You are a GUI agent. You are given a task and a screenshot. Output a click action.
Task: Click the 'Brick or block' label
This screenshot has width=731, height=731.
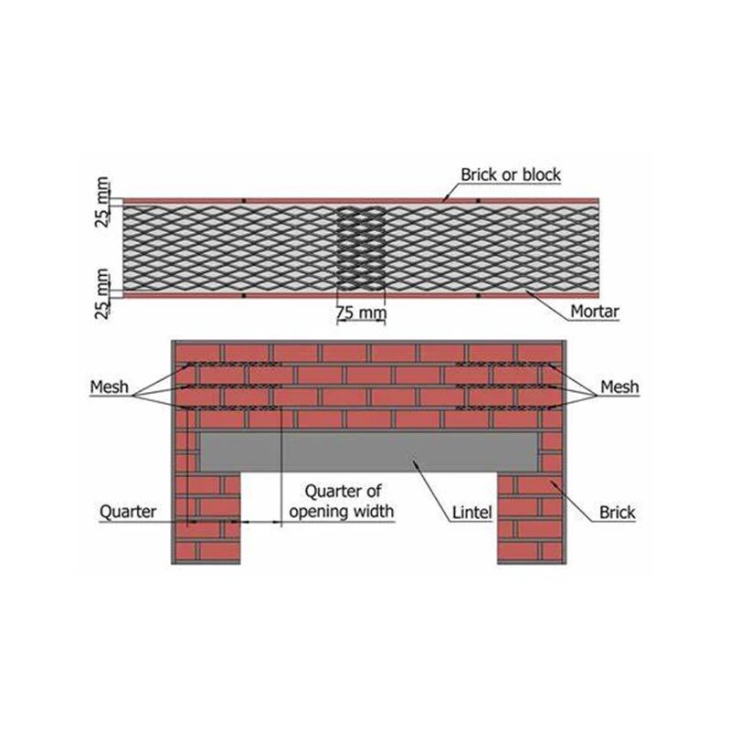click(x=511, y=174)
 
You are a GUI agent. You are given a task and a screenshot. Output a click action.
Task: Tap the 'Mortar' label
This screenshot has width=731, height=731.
click(x=596, y=312)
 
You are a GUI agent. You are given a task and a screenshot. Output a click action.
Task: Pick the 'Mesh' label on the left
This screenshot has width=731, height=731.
click(x=109, y=387)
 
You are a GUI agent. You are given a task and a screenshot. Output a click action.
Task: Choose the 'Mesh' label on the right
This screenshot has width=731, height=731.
click(x=620, y=387)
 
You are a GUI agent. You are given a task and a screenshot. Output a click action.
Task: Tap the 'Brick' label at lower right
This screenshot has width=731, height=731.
click(x=617, y=514)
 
